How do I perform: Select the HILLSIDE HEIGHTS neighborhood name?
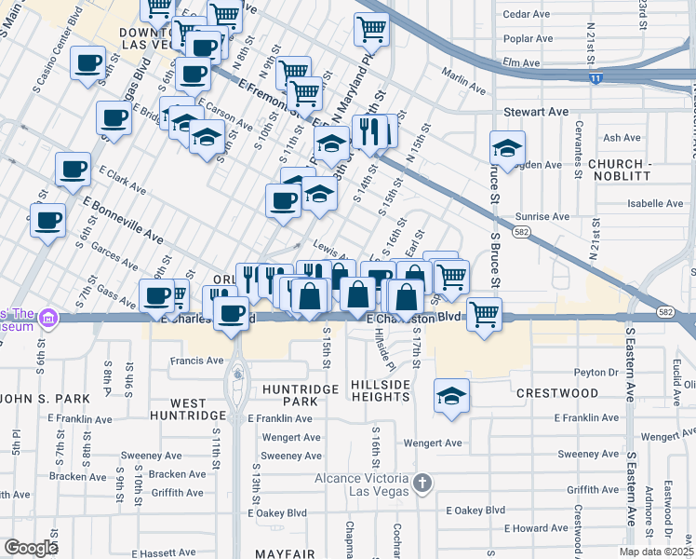click(381, 390)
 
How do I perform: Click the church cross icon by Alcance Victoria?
click(422, 483)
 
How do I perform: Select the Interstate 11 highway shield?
click(596, 80)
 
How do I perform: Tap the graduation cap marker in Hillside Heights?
click(451, 396)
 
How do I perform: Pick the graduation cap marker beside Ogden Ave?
click(507, 147)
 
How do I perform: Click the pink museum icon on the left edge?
click(46, 320)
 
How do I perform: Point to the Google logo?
click(31, 548)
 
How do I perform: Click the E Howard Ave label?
click(535, 528)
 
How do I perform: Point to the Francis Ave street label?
click(196, 360)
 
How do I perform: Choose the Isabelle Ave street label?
click(630, 203)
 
